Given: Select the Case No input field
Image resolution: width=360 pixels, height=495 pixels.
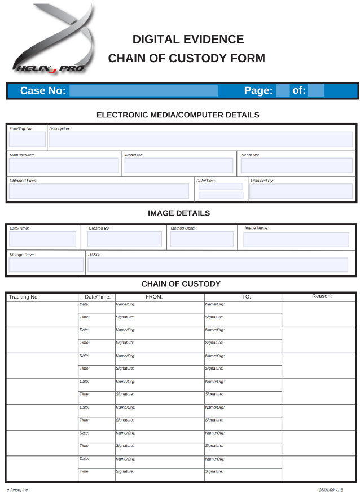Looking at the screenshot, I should point(143,91).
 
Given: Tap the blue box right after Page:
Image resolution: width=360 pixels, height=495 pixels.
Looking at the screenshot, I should point(283,91).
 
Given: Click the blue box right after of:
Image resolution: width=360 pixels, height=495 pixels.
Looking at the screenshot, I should point(316,91).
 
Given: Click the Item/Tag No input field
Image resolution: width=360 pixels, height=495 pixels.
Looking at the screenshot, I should point(27,139).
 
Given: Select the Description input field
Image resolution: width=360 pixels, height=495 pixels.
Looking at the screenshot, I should point(200,139).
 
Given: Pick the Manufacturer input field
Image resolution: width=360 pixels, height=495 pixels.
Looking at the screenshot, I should point(64,165).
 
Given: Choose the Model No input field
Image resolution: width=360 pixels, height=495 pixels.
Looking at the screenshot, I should point(178,165).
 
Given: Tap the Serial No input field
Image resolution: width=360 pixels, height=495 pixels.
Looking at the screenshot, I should point(296,165).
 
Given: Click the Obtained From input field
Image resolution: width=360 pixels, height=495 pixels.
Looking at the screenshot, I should point(99,191).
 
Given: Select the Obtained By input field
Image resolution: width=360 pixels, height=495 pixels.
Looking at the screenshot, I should point(301,191).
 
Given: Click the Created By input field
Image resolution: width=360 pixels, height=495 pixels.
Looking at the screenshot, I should point(125,239).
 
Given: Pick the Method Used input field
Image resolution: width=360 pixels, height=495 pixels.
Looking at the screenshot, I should point(201,239).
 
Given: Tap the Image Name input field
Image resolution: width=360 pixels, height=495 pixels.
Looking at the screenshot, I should point(296,239).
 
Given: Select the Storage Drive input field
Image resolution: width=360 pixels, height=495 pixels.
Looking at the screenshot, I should point(46,265).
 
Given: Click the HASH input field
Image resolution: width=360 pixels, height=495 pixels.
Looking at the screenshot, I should point(218,265).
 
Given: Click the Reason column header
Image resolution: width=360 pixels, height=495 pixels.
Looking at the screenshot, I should point(322,296).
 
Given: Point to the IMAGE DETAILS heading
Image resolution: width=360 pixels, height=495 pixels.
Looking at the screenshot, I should point(179,213).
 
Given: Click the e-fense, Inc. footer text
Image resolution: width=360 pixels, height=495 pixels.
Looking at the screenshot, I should point(18,490).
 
